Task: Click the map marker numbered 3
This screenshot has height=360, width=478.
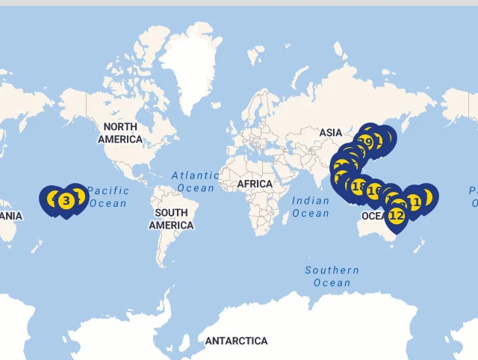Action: click(x=66, y=200)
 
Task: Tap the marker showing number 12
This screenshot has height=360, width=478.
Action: click(x=396, y=215)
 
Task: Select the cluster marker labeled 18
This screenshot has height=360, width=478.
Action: click(x=359, y=186)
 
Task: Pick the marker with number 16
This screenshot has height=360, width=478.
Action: click(x=374, y=190)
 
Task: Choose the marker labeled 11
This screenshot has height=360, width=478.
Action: click(x=413, y=202)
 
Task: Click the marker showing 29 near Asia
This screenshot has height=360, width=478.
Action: click(x=365, y=142)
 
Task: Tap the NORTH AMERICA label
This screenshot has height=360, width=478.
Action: click(x=119, y=133)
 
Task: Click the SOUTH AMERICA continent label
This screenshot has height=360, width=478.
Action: click(x=171, y=219)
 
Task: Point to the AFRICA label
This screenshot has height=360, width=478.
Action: click(x=255, y=184)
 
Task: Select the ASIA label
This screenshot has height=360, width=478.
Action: click(x=331, y=132)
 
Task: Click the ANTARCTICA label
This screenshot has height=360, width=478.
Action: click(x=236, y=341)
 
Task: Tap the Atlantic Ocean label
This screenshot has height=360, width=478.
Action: click(x=195, y=181)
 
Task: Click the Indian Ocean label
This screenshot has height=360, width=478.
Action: click(x=310, y=207)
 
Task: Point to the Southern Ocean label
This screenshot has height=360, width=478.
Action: click(x=332, y=276)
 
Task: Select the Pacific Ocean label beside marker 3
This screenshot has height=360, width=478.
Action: click(x=108, y=197)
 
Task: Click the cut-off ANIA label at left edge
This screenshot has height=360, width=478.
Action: click(x=11, y=216)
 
